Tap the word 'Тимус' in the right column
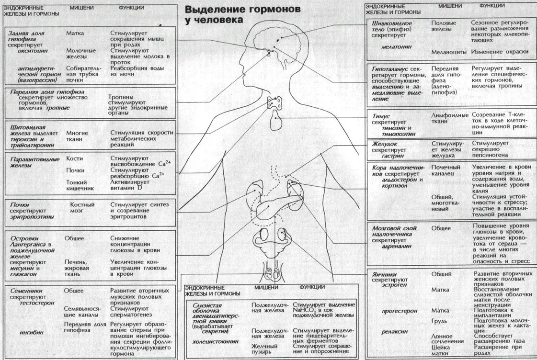[x=381, y=116]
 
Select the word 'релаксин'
[x=394, y=331]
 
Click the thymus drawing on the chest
[x=276, y=120]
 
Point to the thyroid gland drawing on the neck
[x=274, y=102]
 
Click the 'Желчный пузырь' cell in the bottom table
[x=265, y=349]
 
